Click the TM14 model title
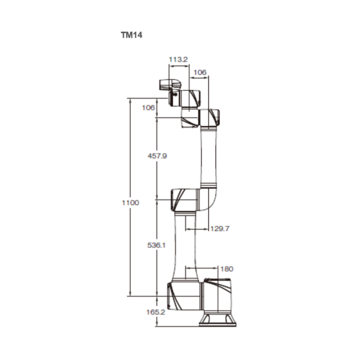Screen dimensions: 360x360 [x=132, y=35]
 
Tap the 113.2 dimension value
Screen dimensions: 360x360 [x=178, y=59]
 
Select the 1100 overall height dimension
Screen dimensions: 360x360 [x=130, y=203]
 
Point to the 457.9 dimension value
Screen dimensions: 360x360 [x=157, y=156]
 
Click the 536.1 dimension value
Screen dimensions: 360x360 [x=156, y=245]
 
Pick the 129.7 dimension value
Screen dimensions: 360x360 [x=220, y=229]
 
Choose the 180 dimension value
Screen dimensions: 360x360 [x=227, y=269]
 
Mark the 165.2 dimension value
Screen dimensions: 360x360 [x=156, y=312]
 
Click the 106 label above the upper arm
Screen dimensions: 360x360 [x=200, y=73]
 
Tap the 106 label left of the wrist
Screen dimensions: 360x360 [x=148, y=107]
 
